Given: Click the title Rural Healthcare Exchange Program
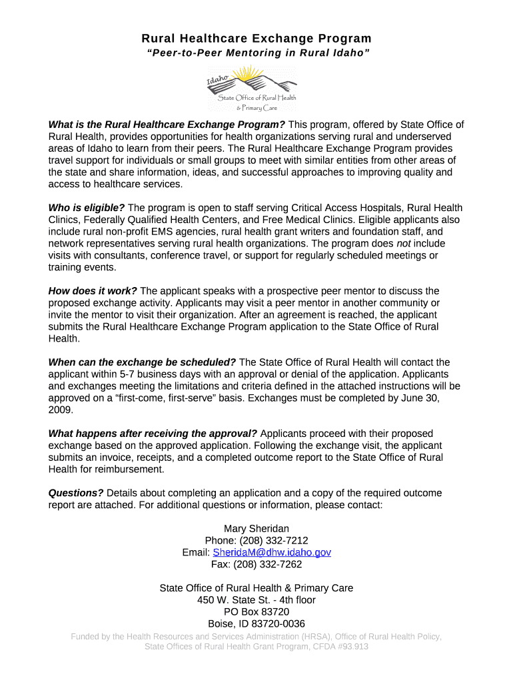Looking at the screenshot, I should click(256, 39).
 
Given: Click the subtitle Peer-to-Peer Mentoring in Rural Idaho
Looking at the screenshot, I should click(256, 53).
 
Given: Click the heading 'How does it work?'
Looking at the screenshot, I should click(93, 291).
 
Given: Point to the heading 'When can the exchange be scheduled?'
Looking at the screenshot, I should click(142, 362).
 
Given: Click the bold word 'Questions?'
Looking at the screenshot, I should click(76, 493).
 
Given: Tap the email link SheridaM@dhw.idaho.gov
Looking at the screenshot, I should click(272, 553).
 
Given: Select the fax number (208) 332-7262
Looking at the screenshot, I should click(268, 565).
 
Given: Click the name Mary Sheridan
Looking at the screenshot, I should click(256, 529).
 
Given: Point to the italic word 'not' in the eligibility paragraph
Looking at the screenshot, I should click(406, 244).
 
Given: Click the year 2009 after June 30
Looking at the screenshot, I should click(60, 410).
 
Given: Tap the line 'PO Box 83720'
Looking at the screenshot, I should click(256, 612).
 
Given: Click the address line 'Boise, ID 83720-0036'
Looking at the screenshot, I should click(256, 624).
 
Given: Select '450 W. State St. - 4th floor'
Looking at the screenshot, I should click(256, 600).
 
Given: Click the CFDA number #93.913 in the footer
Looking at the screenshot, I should click(347, 647).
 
